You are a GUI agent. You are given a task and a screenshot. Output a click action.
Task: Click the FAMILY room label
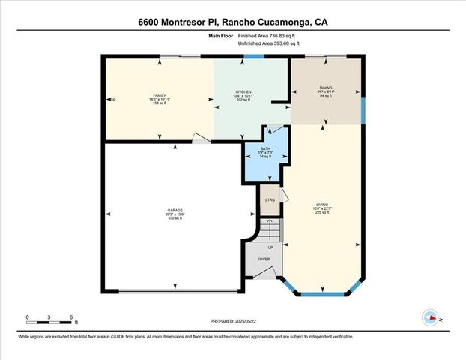(x=159, y=94)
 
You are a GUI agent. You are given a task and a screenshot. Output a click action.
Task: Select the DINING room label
(x=326, y=88)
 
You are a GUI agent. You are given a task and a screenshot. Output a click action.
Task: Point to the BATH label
(x=265, y=149)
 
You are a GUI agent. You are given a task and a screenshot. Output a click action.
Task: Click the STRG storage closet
(x=270, y=199)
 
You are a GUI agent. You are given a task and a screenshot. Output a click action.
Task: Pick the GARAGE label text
(x=175, y=210)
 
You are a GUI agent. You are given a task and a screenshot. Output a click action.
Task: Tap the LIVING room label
(x=323, y=205)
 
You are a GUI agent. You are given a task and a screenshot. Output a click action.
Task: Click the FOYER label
(x=264, y=259)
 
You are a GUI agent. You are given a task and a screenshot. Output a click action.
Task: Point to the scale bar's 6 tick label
(x=70, y=317)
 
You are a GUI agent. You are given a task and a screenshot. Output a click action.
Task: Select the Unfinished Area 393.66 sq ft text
(x=268, y=43)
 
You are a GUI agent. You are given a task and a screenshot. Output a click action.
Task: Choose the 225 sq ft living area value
(x=323, y=213)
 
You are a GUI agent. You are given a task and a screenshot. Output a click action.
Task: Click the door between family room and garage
(x=199, y=139)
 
